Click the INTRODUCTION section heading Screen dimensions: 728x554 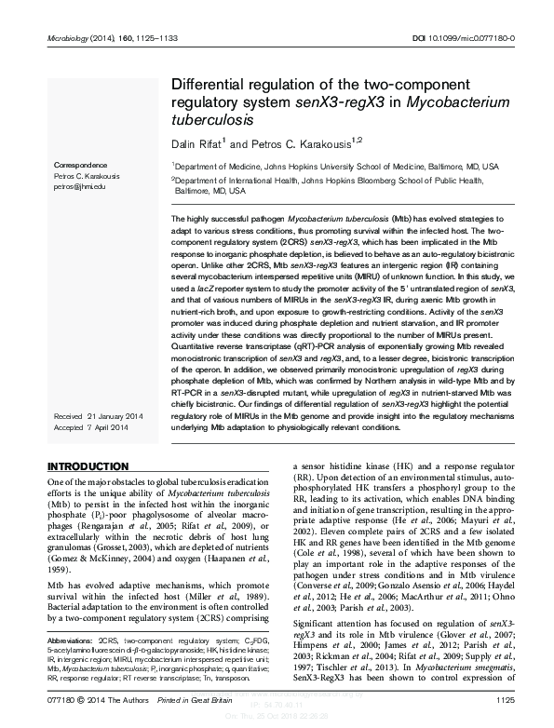click(88, 465)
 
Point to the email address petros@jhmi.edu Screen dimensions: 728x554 click(77, 185)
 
